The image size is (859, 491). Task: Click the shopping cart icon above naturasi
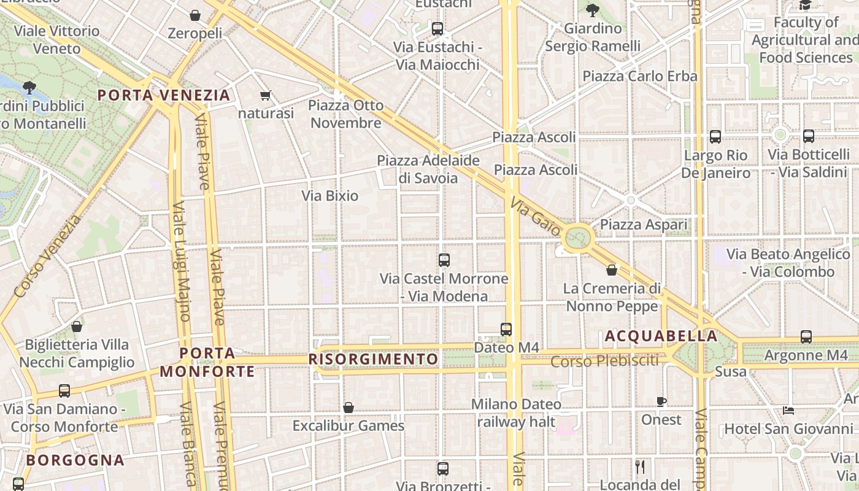[266, 95]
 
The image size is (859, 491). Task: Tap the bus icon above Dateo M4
[506, 330]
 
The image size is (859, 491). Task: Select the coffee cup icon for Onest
[661, 402]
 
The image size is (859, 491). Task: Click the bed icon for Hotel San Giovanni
[789, 410]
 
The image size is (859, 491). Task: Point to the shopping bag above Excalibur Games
[349, 408]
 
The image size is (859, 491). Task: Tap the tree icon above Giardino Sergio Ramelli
[592, 10]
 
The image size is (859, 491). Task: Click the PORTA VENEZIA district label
[164, 95]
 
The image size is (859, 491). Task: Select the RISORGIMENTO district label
[374, 359]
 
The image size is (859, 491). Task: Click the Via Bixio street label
[330, 196]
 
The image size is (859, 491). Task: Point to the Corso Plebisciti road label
[604, 361]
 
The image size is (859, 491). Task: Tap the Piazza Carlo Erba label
[640, 76]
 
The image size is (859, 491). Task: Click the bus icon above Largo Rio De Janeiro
[715, 137]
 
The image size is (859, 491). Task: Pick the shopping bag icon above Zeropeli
[195, 15]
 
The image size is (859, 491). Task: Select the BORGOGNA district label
[75, 460]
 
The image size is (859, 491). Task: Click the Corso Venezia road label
[47, 256]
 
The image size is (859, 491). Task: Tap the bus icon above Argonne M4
[806, 337]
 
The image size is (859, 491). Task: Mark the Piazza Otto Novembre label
[345, 114]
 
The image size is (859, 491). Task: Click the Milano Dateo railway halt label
[516, 413]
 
